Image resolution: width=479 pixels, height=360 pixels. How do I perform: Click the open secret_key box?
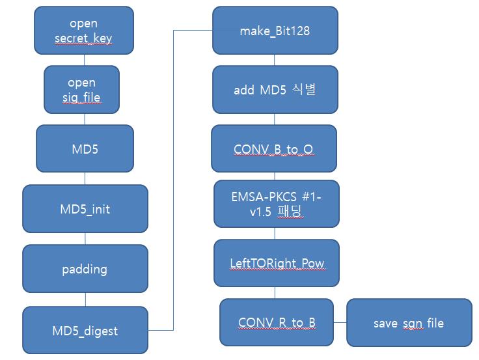(x=85, y=31)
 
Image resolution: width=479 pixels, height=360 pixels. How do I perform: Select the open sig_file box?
(x=82, y=90)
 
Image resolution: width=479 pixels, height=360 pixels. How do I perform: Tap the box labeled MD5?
(x=85, y=149)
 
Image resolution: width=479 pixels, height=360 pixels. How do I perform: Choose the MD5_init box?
(x=85, y=209)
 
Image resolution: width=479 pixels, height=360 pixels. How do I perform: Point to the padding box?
(x=85, y=268)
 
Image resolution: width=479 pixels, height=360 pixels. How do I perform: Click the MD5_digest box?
(x=85, y=331)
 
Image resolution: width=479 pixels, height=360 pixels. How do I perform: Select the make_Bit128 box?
(x=275, y=31)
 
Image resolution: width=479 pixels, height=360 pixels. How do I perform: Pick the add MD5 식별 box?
(x=275, y=90)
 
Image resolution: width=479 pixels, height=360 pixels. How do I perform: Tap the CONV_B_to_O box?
(x=274, y=149)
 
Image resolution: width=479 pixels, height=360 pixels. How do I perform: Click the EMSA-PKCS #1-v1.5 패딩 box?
(x=277, y=203)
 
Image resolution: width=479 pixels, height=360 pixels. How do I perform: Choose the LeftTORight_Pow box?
(x=277, y=263)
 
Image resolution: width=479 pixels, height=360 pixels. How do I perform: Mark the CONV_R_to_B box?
(x=277, y=322)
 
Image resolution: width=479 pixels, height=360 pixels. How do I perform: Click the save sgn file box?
(x=409, y=322)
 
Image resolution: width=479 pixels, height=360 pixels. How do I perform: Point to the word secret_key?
(x=83, y=38)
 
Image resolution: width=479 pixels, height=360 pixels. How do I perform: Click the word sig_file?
(x=82, y=98)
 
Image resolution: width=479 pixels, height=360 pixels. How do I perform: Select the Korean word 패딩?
(x=290, y=211)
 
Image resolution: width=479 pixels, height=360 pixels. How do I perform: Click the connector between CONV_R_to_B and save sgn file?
(x=340, y=322)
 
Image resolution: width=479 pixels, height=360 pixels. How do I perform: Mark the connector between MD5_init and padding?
(x=85, y=238)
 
